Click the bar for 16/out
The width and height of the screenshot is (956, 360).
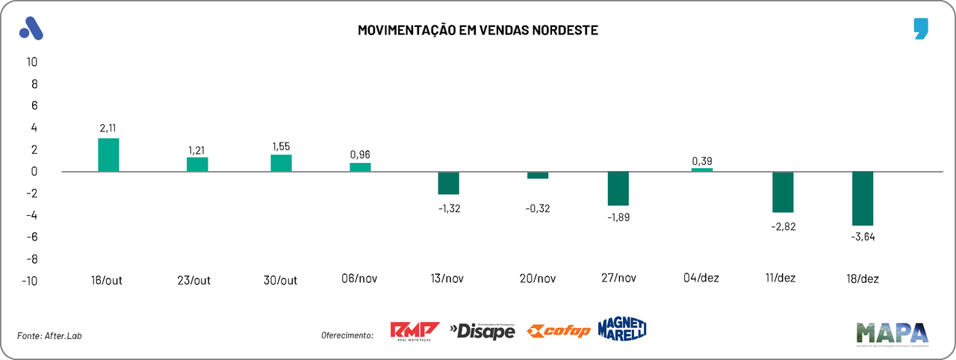(108, 155)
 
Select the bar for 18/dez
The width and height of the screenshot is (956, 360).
(863, 198)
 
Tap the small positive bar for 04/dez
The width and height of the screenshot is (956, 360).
(702, 170)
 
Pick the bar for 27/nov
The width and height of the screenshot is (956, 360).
(618, 188)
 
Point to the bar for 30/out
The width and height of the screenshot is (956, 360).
(281, 163)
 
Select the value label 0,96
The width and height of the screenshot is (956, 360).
(360, 155)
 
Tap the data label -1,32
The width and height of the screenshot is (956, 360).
(450, 208)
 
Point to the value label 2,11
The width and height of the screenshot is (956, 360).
(109, 128)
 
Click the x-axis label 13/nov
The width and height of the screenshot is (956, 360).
(448, 279)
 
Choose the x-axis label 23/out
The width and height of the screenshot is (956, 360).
(193, 280)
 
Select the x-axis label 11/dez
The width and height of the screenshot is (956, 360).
(780, 278)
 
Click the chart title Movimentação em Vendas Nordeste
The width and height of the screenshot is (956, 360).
(478, 31)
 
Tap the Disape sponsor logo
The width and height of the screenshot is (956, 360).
(482, 330)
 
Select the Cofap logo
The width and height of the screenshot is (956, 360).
(558, 331)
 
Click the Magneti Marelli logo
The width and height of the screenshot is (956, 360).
(621, 329)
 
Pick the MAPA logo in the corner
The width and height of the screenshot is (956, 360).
(892, 334)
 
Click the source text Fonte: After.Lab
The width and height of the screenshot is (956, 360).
(49, 336)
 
